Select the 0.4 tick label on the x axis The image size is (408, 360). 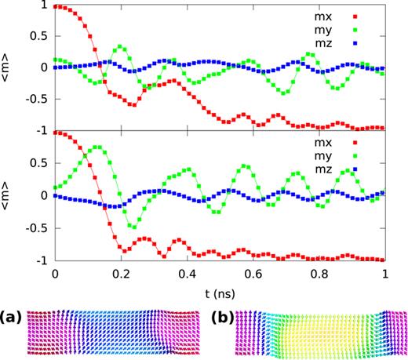click(x=187, y=275)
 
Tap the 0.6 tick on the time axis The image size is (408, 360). click(x=253, y=275)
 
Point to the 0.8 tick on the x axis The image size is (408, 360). click(x=319, y=275)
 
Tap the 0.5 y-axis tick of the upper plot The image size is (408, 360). click(x=37, y=36)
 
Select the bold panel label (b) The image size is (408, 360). click(x=223, y=319)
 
